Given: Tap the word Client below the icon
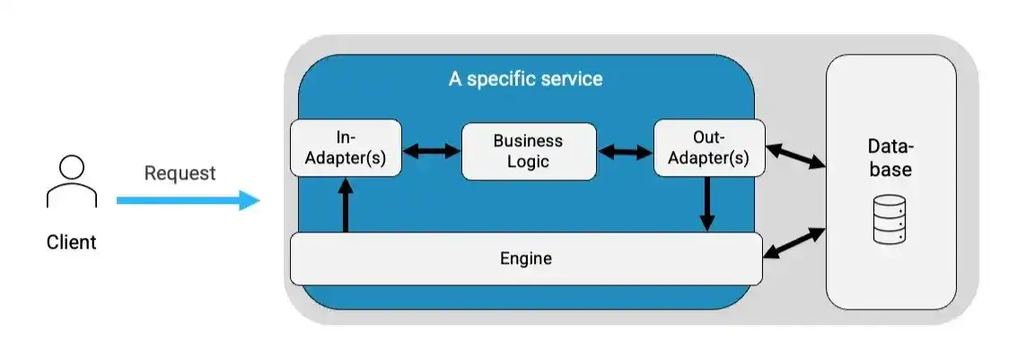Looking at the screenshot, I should (x=71, y=242).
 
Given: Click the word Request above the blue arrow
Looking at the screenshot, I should (x=180, y=173).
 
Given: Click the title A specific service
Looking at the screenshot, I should (x=525, y=79).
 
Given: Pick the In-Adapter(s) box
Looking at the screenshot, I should (x=346, y=148).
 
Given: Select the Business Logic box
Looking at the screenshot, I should (x=528, y=152).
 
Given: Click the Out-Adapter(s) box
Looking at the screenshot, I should (x=708, y=148).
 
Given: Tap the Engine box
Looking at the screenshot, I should (x=525, y=259).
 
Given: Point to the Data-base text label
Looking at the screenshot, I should (x=890, y=157).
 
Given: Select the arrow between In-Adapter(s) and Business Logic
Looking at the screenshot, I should (x=431, y=152).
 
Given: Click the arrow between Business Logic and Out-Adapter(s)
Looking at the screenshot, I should (x=625, y=152).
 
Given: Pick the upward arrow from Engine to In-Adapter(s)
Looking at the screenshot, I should (x=345, y=205).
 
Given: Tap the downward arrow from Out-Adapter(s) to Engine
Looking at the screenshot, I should (x=708, y=204).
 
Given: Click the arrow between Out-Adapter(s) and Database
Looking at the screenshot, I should (x=794, y=155).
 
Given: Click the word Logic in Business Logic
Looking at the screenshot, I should (x=528, y=162).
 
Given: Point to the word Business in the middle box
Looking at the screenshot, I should (x=528, y=141).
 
